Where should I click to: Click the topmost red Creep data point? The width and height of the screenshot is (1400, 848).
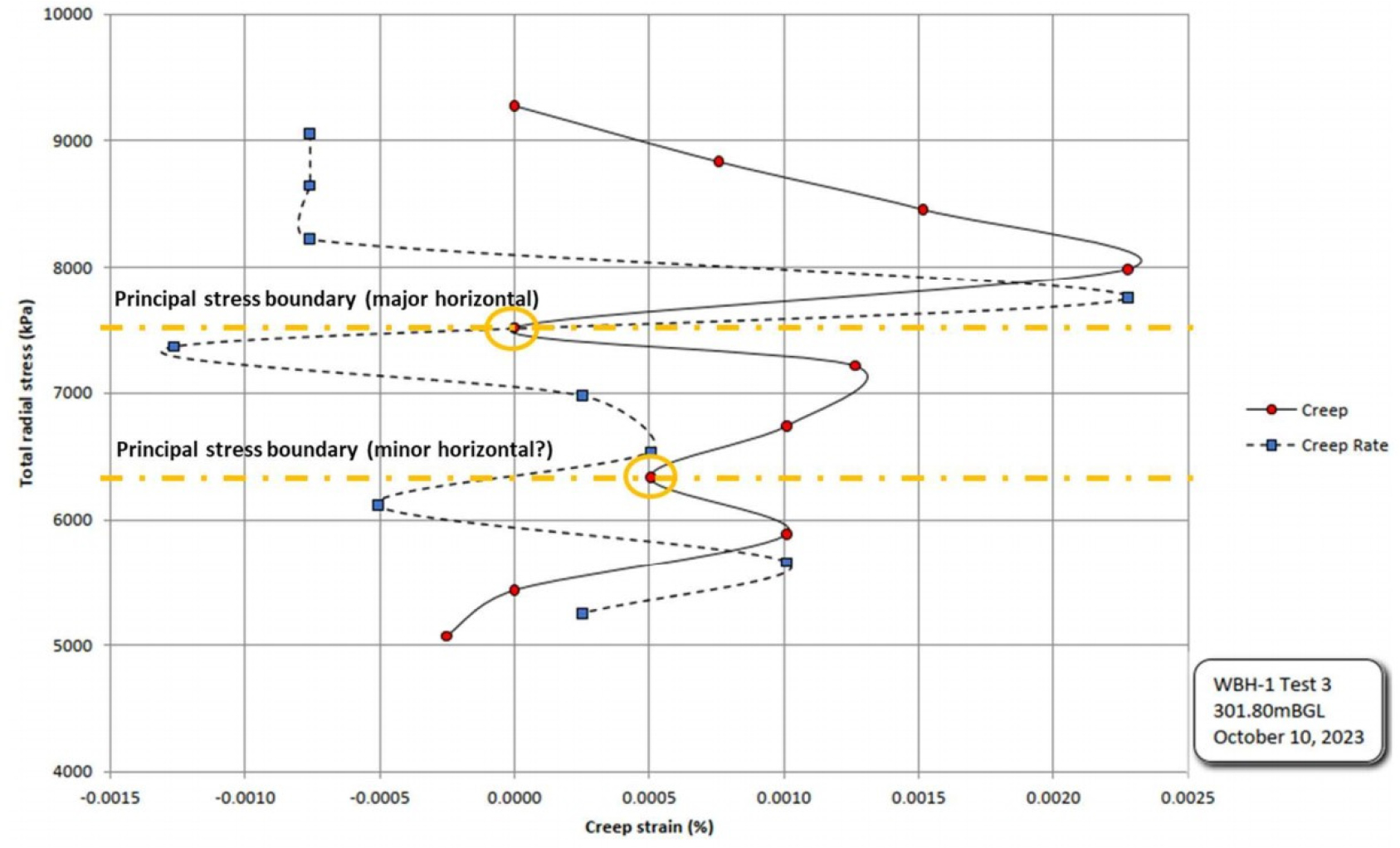pos(515,106)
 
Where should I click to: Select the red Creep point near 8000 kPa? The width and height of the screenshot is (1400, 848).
pos(1127,270)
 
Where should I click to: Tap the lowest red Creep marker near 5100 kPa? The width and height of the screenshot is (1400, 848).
pos(446,636)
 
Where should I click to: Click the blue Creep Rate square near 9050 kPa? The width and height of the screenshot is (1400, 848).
pos(310,134)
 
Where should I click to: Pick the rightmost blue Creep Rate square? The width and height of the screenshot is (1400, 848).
pos(1127,297)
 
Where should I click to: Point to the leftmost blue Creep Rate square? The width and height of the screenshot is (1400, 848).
pos(173,347)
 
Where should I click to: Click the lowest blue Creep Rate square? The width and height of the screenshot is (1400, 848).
pos(582,613)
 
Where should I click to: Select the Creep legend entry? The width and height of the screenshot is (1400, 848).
pos(1324,410)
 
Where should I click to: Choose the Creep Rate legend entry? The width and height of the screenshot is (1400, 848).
pos(1344,446)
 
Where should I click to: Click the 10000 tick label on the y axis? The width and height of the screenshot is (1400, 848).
pos(68,15)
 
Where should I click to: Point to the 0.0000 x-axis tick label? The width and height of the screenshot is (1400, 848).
pos(514,798)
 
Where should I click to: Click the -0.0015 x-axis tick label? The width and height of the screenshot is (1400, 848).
pos(108,798)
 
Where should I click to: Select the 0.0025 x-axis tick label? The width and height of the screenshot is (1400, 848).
pos(1188,798)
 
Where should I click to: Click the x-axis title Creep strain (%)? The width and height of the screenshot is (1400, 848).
pos(649,827)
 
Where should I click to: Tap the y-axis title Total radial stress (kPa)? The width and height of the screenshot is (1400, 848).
pos(26,392)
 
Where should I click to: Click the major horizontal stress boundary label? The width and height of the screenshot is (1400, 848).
pos(326,299)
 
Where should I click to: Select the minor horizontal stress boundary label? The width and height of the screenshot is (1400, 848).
pos(334,450)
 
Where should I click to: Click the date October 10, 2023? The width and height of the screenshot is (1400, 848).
pos(1288,737)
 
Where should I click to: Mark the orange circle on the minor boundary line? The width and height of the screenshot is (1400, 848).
pos(650,478)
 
